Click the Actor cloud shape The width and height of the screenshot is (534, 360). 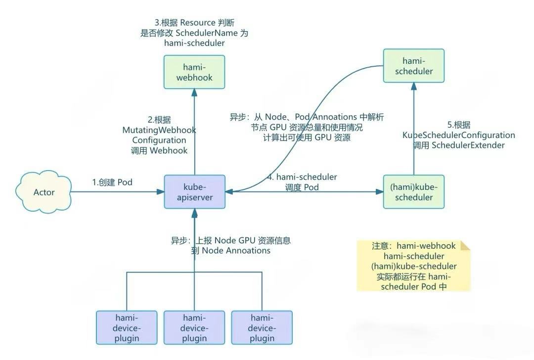pos(44,191)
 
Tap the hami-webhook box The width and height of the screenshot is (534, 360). pos(194,72)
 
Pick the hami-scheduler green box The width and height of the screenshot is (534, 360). pos(414,65)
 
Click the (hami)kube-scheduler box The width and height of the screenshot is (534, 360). pos(414,192)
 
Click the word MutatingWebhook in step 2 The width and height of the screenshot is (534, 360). pos(159,130)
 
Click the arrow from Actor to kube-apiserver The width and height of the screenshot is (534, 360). pos(119,192)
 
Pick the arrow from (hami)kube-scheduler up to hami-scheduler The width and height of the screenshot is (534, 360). pos(414,129)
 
